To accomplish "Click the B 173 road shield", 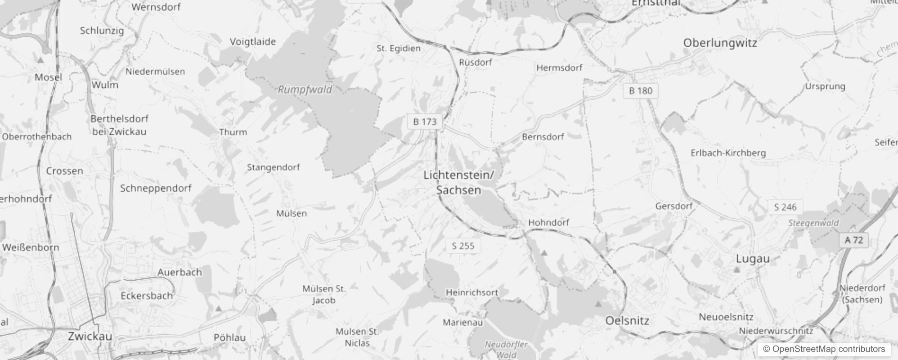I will (x=425, y=121).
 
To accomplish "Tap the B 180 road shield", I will (x=640, y=91).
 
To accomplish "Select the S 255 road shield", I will (x=463, y=246).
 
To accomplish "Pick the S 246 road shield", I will (x=785, y=207).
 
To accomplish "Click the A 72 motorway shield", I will (x=853, y=240).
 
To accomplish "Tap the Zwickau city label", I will (x=90, y=336).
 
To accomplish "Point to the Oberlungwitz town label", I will (x=720, y=43).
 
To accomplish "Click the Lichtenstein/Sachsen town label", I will (x=458, y=182).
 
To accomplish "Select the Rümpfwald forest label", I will (x=305, y=90).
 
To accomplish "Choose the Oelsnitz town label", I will (x=627, y=321).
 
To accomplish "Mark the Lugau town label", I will (x=753, y=259).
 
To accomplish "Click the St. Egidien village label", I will (x=399, y=49).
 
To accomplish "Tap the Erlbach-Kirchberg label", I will (x=728, y=153).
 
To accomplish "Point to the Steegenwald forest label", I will (x=813, y=223).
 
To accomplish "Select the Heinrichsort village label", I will (x=472, y=292).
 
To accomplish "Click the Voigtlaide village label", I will (x=253, y=42).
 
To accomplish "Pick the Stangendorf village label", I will (x=273, y=167).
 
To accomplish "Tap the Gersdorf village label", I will (x=673, y=206).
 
